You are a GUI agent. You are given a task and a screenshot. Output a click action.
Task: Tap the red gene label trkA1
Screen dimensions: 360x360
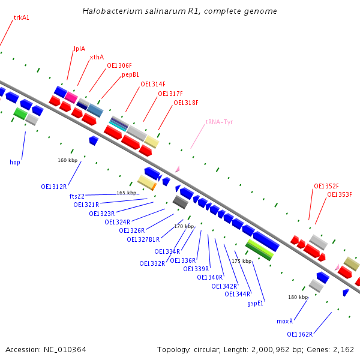[x=21, y=18]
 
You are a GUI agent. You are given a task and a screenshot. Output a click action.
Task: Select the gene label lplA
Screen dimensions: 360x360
[x=79, y=49]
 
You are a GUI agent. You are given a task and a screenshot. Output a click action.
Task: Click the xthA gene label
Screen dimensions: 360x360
[x=97, y=58]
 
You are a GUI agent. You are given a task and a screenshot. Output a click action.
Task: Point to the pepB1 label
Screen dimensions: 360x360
[x=131, y=75]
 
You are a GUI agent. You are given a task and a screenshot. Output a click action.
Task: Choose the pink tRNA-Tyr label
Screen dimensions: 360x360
[x=219, y=122]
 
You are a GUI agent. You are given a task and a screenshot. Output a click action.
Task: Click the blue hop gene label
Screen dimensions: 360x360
[x=15, y=162]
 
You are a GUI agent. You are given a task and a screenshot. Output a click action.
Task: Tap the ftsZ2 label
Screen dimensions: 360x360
[x=77, y=196]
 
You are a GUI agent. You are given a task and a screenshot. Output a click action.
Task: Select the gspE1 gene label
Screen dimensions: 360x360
[x=256, y=304]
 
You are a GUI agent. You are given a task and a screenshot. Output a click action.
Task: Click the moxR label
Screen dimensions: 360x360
[x=284, y=321]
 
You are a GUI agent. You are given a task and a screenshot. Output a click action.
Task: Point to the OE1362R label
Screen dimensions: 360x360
[x=300, y=334]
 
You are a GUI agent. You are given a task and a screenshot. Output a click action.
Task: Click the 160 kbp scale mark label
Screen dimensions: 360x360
[x=68, y=160]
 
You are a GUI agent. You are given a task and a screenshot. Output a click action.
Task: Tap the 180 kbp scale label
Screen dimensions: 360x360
[x=298, y=297]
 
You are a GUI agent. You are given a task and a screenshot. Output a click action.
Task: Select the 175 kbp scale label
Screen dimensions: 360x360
[x=242, y=261]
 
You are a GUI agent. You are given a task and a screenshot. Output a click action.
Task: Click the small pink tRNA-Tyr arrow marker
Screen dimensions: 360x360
[x=177, y=170]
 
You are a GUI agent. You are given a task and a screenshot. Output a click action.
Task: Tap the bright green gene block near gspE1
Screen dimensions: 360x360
[x=259, y=250]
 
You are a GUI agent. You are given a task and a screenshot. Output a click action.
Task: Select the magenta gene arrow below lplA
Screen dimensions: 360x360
[x=71, y=97]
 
